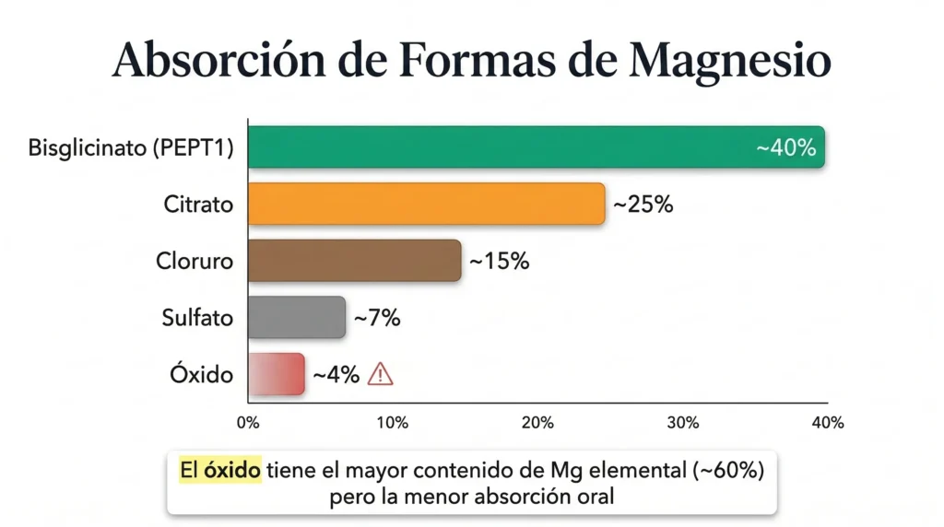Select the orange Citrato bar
426,204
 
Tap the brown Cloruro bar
354,261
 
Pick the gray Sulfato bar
296,318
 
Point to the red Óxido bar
277,375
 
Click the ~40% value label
785,148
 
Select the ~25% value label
643,205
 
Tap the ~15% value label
499,262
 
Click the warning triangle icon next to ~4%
380,374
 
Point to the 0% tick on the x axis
248,423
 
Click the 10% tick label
393,423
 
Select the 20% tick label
537,423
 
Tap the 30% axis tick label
682,423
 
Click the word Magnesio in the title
730,61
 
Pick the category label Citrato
198,204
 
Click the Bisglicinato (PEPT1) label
130,147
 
